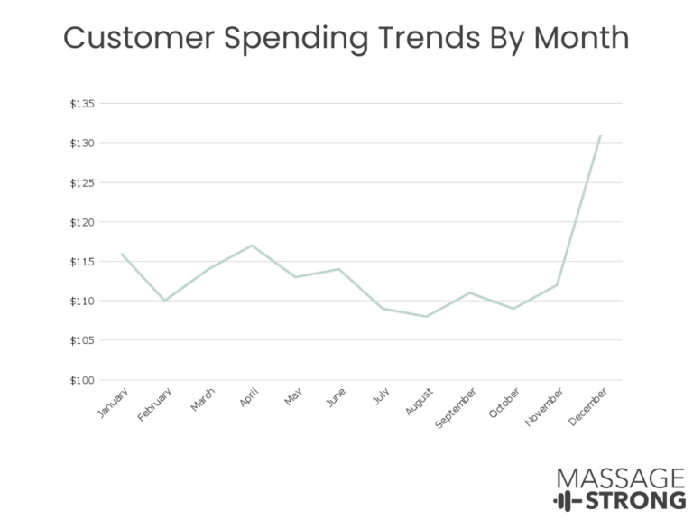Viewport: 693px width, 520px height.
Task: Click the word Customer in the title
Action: pyautogui.click(x=139, y=37)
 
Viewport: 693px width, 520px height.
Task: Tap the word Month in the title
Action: pyautogui.click(x=582, y=37)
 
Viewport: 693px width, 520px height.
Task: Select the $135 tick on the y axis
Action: pyautogui.click(x=82, y=104)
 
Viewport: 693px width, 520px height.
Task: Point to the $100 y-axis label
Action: pyautogui.click(x=82, y=380)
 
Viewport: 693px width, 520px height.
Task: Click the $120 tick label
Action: pyautogui.click(x=82, y=222)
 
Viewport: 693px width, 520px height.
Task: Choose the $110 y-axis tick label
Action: pyautogui.click(x=82, y=302)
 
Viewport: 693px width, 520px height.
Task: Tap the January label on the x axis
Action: pyautogui.click(x=113, y=403)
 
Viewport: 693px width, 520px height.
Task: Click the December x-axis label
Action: pyautogui.click(x=587, y=407)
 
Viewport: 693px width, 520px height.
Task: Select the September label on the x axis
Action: pyautogui.click(x=455, y=408)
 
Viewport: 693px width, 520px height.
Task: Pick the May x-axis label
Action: pyautogui.click(x=293, y=396)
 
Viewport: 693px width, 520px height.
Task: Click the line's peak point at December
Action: pyautogui.click(x=600, y=135)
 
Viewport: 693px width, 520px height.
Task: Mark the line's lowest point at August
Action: pyautogui.click(x=426, y=317)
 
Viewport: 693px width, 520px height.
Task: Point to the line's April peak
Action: pyautogui.click(x=252, y=245)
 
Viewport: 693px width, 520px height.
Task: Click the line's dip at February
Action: pyautogui.click(x=164, y=301)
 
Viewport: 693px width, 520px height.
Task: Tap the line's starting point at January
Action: pyautogui.click(x=122, y=254)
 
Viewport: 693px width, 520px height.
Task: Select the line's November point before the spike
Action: pyautogui.click(x=557, y=284)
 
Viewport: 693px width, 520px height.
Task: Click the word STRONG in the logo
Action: pyautogui.click(x=635, y=500)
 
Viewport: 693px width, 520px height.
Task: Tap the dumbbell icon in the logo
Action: pyautogui.click(x=568, y=501)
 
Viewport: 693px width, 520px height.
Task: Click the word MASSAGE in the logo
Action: pyautogui.click(x=621, y=478)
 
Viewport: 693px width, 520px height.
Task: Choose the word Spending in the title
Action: pyautogui.click(x=296, y=39)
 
